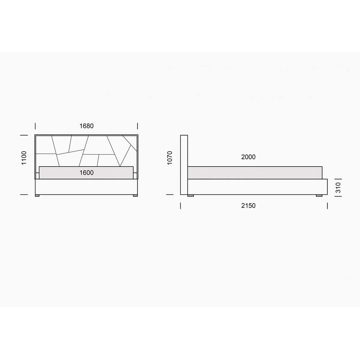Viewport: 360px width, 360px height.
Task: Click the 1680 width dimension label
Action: pyautogui.click(x=86, y=126)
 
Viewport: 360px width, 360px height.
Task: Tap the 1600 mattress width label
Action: pyautogui.click(x=86, y=172)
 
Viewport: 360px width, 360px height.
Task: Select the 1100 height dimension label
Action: pyautogui.click(x=24, y=158)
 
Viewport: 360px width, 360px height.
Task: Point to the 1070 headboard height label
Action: pyautogui.click(x=169, y=158)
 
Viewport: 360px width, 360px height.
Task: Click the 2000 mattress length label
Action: pyautogui.click(x=248, y=157)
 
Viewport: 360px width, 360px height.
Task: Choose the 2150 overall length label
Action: pyautogui.click(x=248, y=205)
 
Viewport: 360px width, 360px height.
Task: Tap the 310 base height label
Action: pyautogui.click(x=338, y=187)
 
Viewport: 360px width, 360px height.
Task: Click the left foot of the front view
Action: pyautogui.click(x=37, y=195)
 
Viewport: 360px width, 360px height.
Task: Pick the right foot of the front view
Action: pyautogui.click(x=135, y=195)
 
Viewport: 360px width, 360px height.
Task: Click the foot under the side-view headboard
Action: pyautogui.click(x=190, y=195)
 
